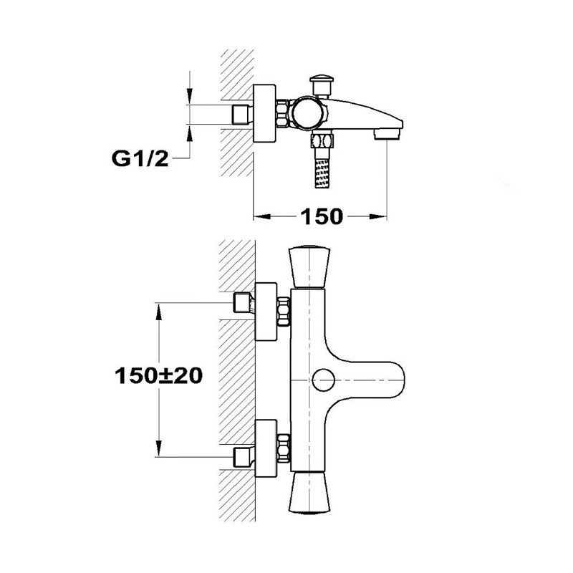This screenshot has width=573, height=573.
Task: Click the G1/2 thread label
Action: pyautogui.click(x=140, y=159)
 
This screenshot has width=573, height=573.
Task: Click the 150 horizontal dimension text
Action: pyautogui.click(x=322, y=216)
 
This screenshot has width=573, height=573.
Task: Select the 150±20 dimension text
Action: pyautogui.click(x=158, y=375)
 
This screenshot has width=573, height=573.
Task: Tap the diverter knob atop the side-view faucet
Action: pyautogui.click(x=322, y=85)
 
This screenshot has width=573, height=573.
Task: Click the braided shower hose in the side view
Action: pyautogui.click(x=322, y=173)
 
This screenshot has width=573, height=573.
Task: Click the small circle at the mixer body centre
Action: pyautogui.click(x=324, y=380)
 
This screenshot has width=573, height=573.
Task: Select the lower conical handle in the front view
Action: pyautogui.click(x=309, y=492)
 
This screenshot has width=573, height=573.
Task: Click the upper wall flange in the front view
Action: pyautogui.click(x=266, y=312)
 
